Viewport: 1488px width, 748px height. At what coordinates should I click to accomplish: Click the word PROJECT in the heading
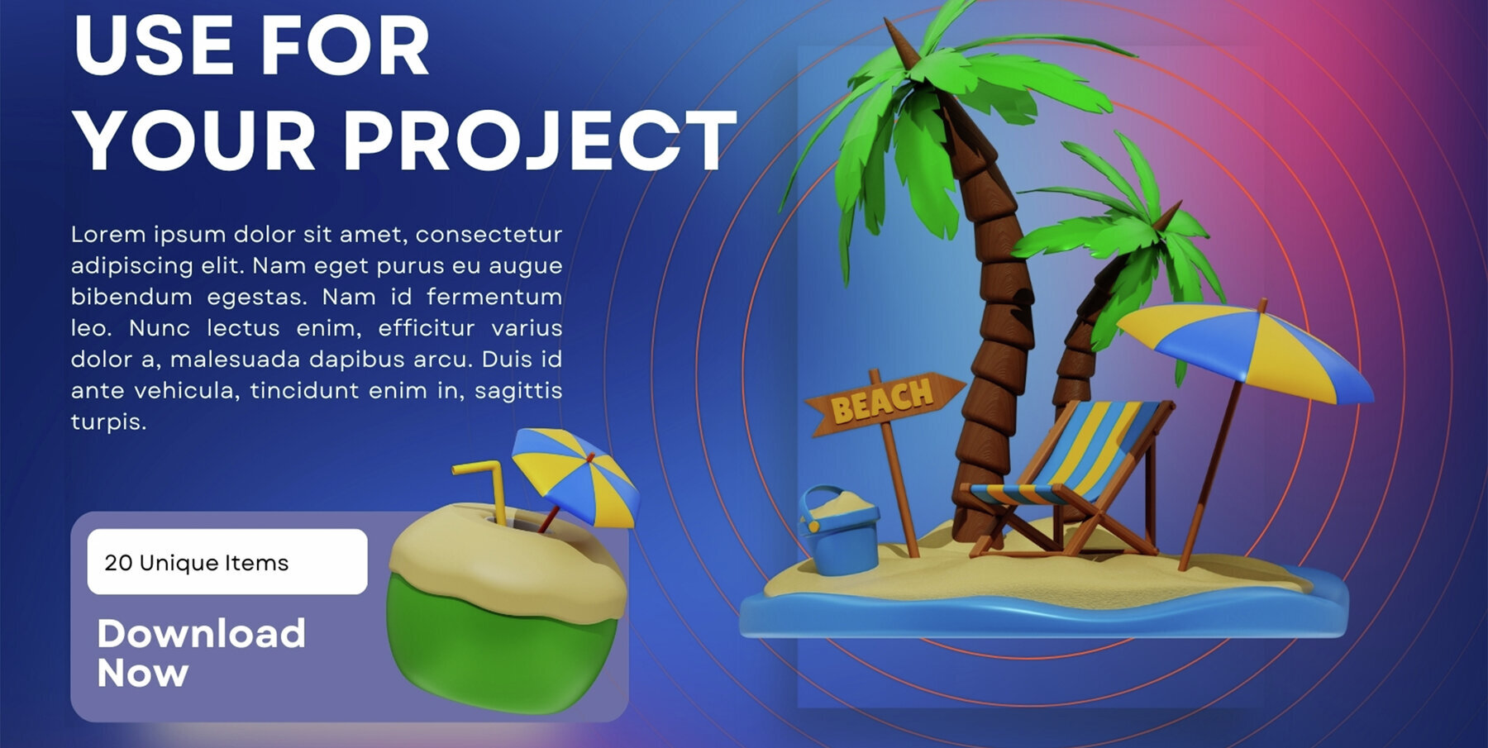pos(539,141)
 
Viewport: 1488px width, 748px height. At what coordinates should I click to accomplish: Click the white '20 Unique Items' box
pos(227,562)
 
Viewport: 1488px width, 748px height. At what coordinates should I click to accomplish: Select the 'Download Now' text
pos(201,653)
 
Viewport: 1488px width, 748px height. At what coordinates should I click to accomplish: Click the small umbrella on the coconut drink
pos(575,475)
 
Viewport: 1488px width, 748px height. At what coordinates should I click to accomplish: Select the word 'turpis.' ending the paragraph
pos(108,422)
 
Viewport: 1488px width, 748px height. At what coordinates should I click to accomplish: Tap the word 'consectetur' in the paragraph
pos(489,235)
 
